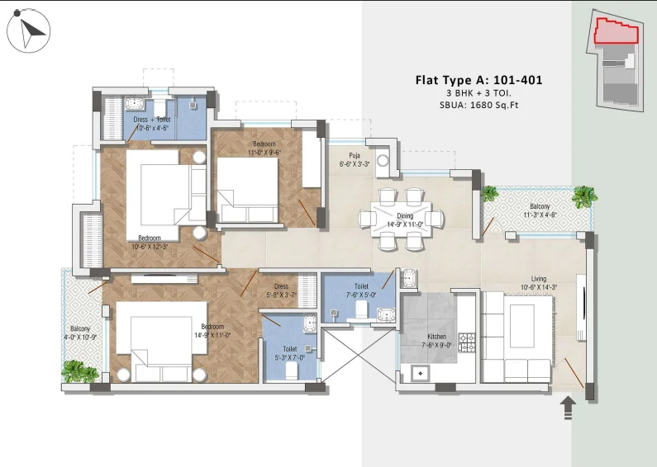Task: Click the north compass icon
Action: point(28,32)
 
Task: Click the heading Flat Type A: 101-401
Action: point(479,80)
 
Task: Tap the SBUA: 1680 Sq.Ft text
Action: point(479,105)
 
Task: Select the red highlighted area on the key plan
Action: point(617,31)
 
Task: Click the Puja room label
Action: point(355,160)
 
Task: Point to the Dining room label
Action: point(405,219)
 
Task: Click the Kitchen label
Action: point(436,341)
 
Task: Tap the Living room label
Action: point(539,283)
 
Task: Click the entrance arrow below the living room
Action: point(568,407)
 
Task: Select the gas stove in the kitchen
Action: point(467,342)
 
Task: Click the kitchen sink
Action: point(421,373)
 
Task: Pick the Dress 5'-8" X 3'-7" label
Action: point(281,290)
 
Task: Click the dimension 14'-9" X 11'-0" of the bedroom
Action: point(212,335)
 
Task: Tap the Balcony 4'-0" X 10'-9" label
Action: point(80,333)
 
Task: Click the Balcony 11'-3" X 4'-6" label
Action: point(540,210)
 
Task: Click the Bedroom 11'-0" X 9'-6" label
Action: point(264,149)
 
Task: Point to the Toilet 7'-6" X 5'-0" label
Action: point(361,290)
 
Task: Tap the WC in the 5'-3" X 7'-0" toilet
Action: point(291,370)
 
